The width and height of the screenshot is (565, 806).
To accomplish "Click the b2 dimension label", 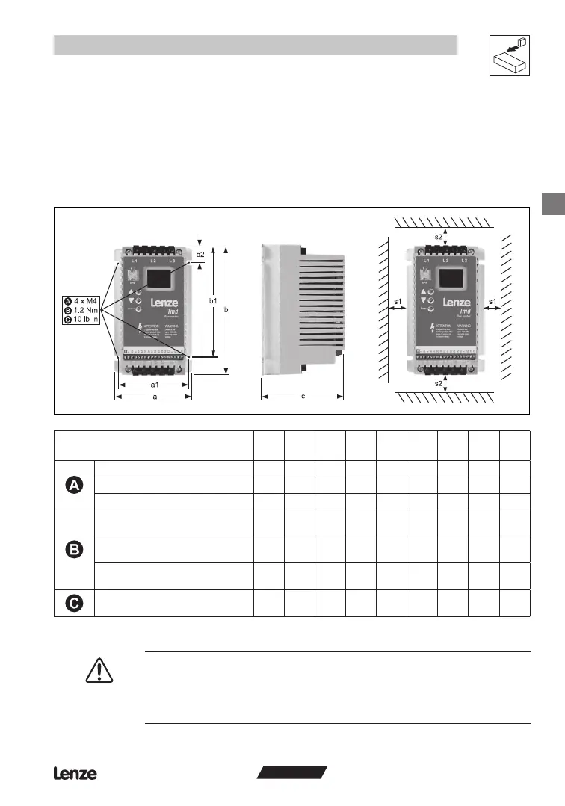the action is [x=200, y=255].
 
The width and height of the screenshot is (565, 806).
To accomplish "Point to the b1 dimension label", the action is [x=213, y=301].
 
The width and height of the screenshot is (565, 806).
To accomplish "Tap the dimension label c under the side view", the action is [x=303, y=397].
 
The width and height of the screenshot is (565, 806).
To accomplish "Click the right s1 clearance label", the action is [x=493, y=301].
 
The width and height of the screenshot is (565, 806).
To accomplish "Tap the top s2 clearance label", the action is [x=440, y=237].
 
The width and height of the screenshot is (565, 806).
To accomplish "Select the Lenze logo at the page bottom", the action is [x=75, y=774].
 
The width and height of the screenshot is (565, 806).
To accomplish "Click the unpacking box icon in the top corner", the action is [x=509, y=55].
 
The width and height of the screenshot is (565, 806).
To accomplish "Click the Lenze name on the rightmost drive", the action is [x=457, y=303].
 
